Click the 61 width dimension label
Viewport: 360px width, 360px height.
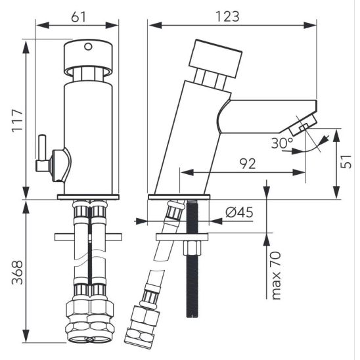tap(78, 17)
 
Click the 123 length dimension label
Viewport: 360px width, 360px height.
tap(227, 16)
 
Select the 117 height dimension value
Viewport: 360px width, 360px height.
tap(18, 121)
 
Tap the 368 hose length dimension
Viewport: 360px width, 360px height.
tap(18, 272)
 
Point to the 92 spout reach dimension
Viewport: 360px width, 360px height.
tap(247, 164)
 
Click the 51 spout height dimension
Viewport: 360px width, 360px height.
tap(346, 162)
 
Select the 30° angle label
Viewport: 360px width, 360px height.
tap(282, 143)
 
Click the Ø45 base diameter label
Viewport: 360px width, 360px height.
tap(239, 212)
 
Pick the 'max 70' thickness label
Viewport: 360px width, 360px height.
tap(276, 275)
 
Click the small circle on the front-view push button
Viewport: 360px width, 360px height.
tap(88, 47)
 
